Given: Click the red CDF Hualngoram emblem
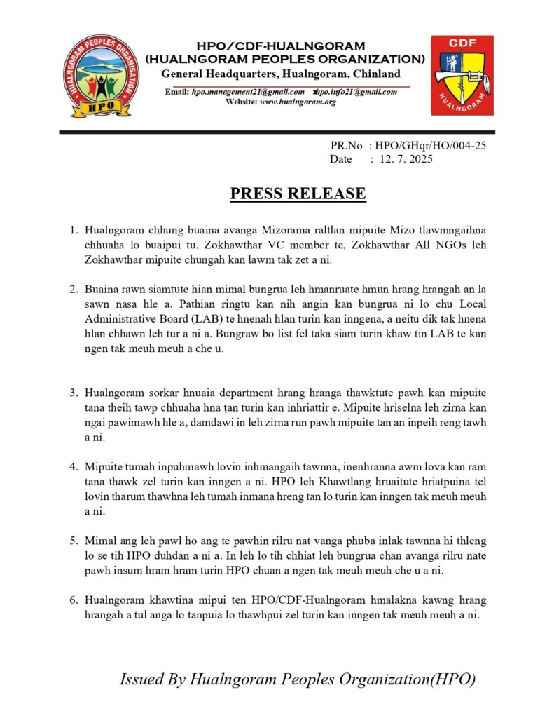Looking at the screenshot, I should tap(462, 75).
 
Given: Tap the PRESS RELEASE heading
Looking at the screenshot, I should tap(298, 193).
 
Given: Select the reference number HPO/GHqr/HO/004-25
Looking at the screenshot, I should tap(431, 146).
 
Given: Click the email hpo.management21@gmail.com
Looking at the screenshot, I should tap(248, 92).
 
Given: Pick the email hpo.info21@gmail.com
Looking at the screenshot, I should tap(357, 92).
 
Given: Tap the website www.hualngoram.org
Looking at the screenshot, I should tap(298, 102).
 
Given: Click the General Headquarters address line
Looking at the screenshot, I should tap(281, 74).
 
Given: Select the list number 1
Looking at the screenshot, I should tap(74, 229).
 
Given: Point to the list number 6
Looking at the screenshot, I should tap(74, 600).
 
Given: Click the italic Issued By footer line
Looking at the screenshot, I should tap(298, 679).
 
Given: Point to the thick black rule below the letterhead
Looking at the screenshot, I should tap(277, 132).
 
